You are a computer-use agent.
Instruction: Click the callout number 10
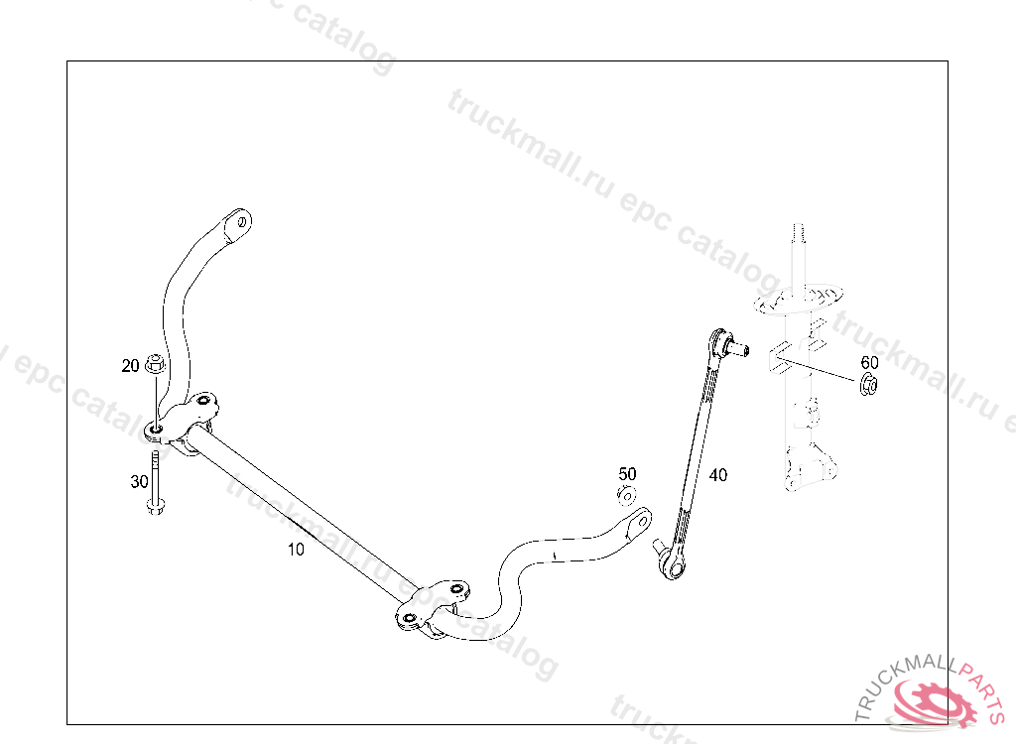(x=296, y=550)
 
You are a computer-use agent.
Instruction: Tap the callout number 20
(x=131, y=366)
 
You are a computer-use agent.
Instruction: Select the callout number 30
(x=139, y=482)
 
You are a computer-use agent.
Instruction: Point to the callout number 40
(x=717, y=475)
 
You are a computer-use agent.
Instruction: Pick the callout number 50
(x=628, y=474)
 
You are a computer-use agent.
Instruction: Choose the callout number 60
(x=869, y=362)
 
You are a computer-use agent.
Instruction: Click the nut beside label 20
(x=155, y=363)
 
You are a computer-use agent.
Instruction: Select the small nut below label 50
(x=627, y=494)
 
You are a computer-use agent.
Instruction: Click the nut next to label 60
(x=868, y=384)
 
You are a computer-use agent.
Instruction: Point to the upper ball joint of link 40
(x=729, y=345)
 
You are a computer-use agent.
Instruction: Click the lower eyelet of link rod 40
(x=673, y=567)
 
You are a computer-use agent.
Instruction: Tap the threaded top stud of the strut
(x=796, y=235)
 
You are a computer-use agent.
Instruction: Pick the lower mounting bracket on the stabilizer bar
(x=433, y=605)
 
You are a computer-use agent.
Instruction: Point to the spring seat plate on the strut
(x=800, y=299)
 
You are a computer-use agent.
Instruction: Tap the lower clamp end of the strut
(x=805, y=465)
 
